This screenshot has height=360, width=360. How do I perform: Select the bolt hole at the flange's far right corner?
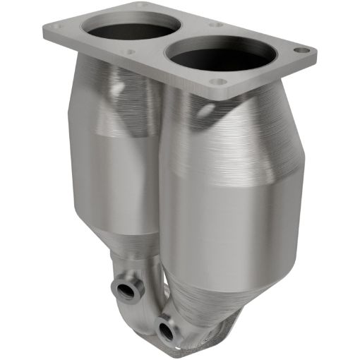301,51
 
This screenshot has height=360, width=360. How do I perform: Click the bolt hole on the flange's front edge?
219,82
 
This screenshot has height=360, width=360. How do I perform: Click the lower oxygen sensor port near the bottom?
166,309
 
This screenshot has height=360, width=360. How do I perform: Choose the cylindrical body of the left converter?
113,162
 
